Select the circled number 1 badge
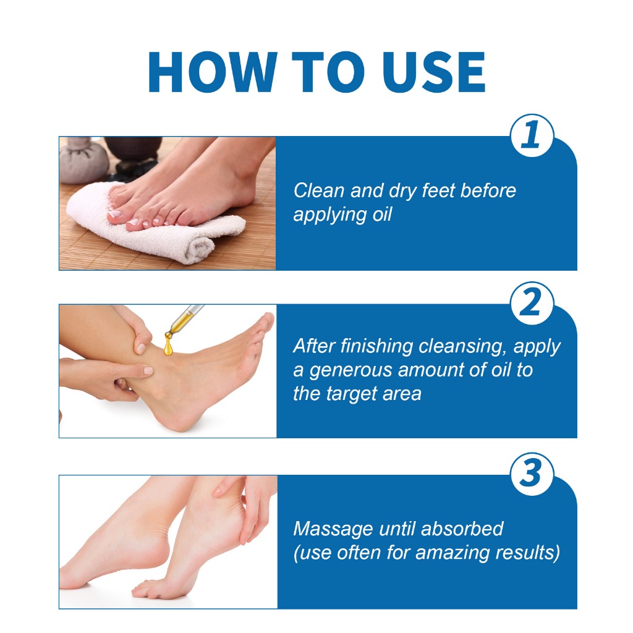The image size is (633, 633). [x=531, y=135]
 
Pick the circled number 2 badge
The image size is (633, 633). [x=531, y=303]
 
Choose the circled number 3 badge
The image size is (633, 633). [x=531, y=474]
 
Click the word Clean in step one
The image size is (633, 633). [x=318, y=190]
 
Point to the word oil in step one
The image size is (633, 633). [x=382, y=215]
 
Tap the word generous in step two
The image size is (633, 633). [x=351, y=371]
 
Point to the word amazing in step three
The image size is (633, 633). [x=452, y=553]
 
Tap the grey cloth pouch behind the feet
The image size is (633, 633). [x=83, y=160]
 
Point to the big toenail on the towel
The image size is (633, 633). [x=114, y=213]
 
